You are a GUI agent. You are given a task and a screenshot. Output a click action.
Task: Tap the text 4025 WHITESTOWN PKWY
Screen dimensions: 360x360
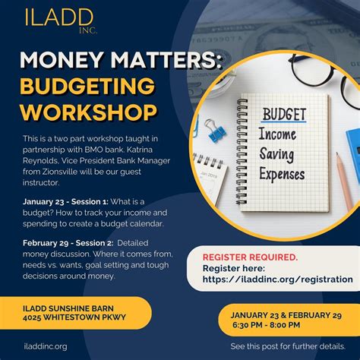tap(73, 316)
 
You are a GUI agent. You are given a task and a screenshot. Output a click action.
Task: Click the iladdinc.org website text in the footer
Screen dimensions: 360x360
tap(45, 346)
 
